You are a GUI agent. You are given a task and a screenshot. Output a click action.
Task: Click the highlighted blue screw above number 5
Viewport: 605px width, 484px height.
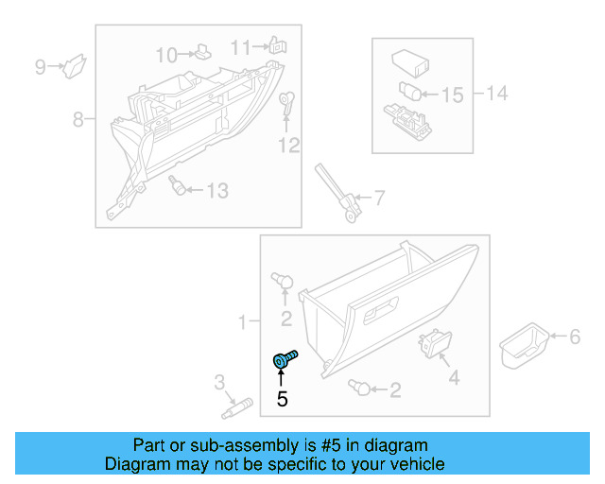click(x=283, y=359)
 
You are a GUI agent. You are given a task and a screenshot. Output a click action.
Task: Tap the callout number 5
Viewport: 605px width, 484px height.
click(x=282, y=399)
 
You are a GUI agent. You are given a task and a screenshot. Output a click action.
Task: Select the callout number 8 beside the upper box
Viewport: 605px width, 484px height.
click(x=78, y=119)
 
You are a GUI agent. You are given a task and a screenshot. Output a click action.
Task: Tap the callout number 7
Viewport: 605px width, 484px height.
click(x=378, y=199)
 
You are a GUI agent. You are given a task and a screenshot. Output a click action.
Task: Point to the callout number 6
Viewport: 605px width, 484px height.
click(x=573, y=336)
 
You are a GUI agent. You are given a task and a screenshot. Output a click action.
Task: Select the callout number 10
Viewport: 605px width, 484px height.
click(x=166, y=54)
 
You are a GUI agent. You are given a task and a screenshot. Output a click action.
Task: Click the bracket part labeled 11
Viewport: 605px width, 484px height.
click(x=276, y=44)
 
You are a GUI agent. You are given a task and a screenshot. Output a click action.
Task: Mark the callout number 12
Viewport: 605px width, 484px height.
click(x=288, y=145)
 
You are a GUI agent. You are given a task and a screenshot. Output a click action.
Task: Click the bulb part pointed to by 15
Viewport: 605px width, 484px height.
click(x=408, y=93)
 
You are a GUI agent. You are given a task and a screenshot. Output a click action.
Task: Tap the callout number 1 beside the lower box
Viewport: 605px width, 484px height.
click(x=242, y=323)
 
